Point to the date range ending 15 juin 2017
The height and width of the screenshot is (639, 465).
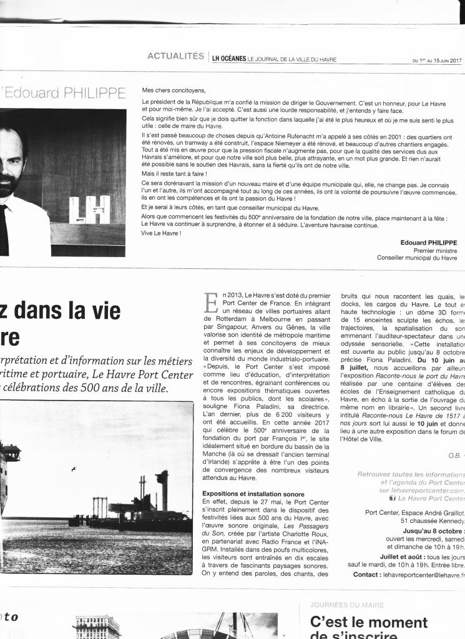click(x=437, y=61)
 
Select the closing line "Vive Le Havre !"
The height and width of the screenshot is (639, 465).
click(x=162, y=233)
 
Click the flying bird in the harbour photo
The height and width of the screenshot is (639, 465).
click(x=74, y=469)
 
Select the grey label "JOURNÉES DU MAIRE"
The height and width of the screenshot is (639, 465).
click(x=346, y=605)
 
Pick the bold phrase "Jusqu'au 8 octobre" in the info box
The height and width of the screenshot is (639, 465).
click(x=433, y=530)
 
